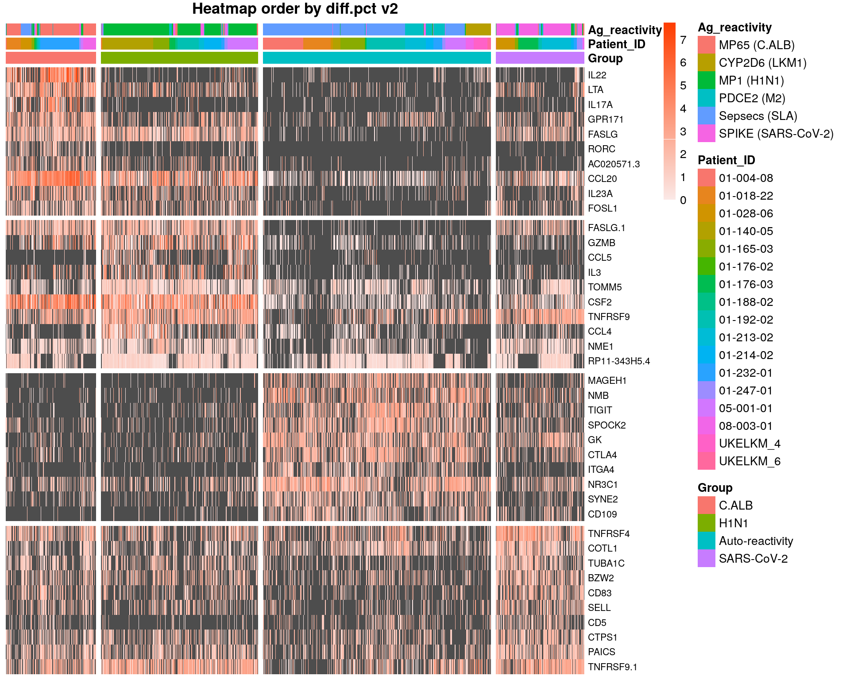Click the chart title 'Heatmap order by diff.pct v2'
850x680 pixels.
[x=295, y=9]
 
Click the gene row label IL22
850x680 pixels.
[x=597, y=75]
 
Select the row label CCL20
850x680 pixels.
[x=602, y=179]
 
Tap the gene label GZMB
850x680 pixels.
[x=601, y=243]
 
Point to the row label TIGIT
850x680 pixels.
[x=600, y=410]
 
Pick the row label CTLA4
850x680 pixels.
[x=602, y=455]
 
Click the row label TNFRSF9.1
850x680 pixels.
[x=612, y=667]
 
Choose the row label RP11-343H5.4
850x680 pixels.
[x=618, y=361]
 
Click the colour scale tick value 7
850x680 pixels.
[x=683, y=40]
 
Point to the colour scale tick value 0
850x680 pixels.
[x=683, y=201]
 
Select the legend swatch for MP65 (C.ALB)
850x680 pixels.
[x=706, y=45]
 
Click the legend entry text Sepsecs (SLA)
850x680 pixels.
[x=757, y=116]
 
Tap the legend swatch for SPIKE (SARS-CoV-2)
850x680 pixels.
[x=706, y=134]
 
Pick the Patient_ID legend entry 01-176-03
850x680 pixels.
[x=746, y=285]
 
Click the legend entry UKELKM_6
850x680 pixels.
[x=749, y=461]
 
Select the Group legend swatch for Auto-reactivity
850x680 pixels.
[x=706, y=541]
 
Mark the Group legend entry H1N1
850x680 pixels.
[x=733, y=523]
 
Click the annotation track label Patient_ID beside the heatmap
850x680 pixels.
[x=616, y=44]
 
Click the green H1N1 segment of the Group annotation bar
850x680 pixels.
[x=179, y=58]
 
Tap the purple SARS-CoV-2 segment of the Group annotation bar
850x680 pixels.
[x=540, y=58]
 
